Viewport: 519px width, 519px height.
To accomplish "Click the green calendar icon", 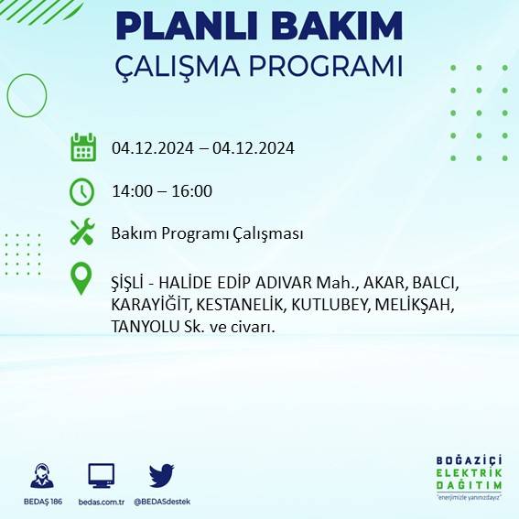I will [x=83, y=147].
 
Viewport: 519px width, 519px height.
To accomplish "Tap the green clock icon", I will [x=82, y=191].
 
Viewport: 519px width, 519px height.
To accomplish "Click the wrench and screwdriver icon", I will [x=82, y=232].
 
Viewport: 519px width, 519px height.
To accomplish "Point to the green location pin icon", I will [x=82, y=279].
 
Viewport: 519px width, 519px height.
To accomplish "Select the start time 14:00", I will [x=131, y=191].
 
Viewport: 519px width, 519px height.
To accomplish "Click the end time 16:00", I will [x=192, y=191].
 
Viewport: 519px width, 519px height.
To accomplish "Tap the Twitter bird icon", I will [x=161, y=475].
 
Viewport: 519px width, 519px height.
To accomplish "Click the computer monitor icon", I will [x=101, y=476].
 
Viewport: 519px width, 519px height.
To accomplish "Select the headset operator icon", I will [x=41, y=476].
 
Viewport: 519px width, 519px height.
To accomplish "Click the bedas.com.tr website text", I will [x=101, y=502].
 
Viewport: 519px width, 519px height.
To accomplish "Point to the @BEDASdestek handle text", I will [x=162, y=502].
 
